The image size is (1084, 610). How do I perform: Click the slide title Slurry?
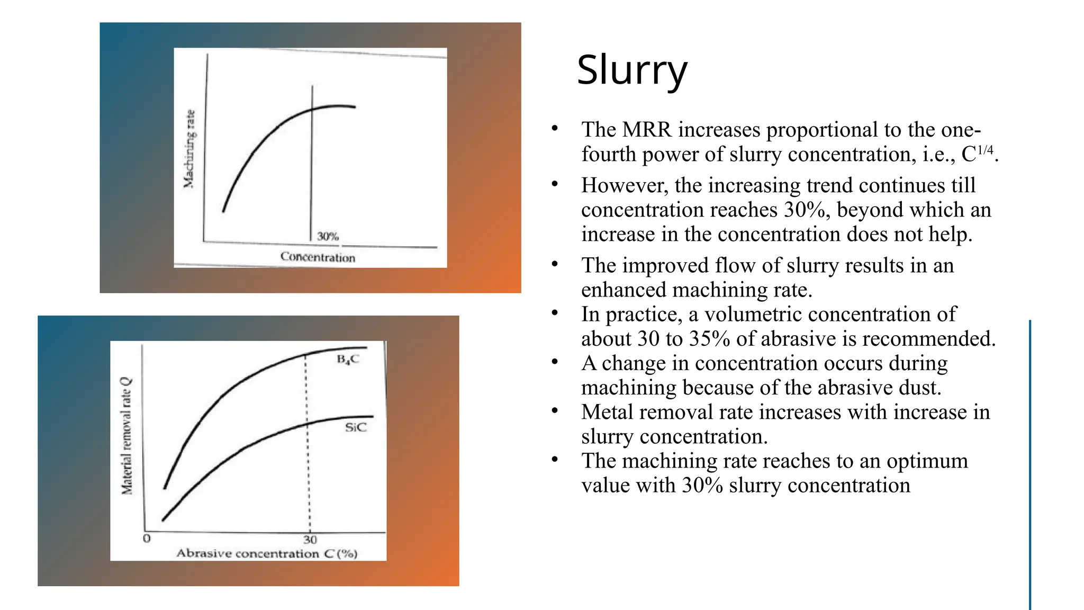(631, 70)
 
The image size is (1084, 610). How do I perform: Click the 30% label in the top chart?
(328, 236)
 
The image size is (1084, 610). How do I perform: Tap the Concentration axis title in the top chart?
(318, 257)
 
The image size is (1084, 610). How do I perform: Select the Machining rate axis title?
(189, 149)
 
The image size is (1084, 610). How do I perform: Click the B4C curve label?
(348, 360)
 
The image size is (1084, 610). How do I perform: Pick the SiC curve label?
(355, 427)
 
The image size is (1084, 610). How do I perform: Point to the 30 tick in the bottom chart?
(310, 540)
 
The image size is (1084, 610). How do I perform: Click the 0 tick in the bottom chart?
(147, 539)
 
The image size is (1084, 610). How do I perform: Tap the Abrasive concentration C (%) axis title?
(267, 554)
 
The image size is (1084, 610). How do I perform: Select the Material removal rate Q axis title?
(127, 436)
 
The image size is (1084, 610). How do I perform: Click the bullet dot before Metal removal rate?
(554, 411)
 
